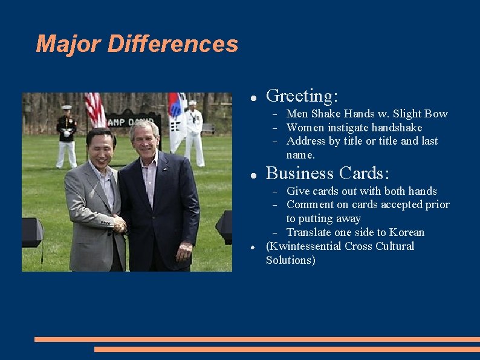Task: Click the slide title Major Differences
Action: tap(137, 44)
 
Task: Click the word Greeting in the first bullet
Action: tap(301, 96)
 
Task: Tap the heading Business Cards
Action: tap(327, 174)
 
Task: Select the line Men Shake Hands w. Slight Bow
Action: tap(366, 114)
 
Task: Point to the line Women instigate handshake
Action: tap(354, 128)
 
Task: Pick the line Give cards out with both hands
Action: tap(361, 191)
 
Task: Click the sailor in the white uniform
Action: tap(194, 133)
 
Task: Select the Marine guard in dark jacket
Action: tap(66, 136)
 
